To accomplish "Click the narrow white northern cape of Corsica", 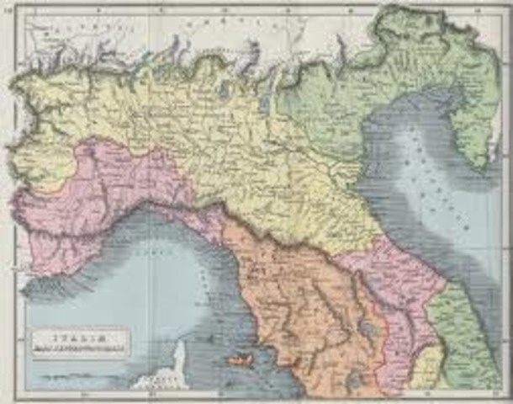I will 178,353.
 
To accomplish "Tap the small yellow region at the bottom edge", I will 426,370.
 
